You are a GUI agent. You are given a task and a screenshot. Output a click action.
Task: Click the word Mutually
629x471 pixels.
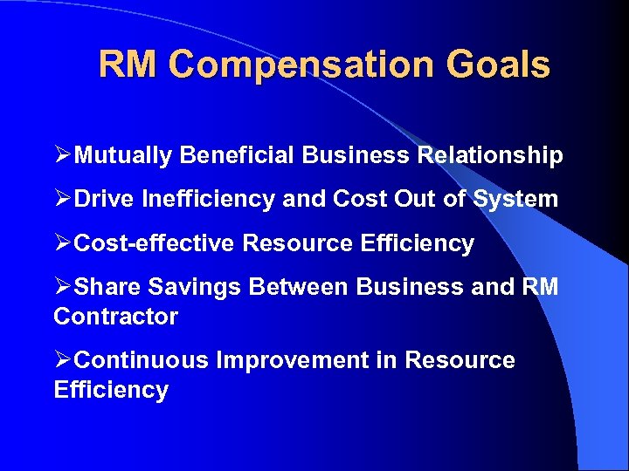click(x=124, y=156)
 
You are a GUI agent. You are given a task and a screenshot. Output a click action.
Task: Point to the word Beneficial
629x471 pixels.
click(x=238, y=156)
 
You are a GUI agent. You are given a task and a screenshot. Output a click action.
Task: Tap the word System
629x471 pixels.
click(x=515, y=200)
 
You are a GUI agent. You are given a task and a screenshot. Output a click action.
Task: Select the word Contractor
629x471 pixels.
click(x=115, y=317)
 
